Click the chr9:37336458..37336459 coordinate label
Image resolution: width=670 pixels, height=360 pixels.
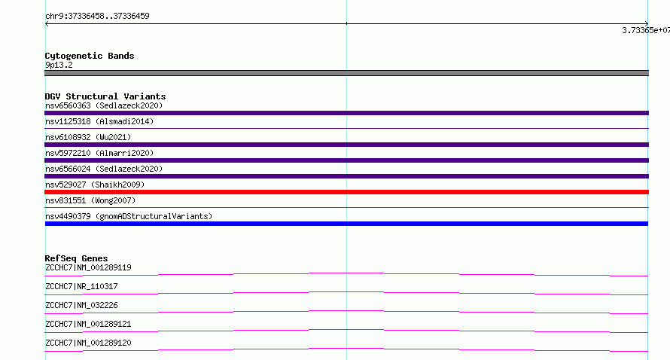(x=97, y=17)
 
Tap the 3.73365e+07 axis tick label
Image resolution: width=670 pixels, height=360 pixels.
(x=646, y=30)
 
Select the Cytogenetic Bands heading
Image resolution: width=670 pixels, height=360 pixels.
(x=90, y=56)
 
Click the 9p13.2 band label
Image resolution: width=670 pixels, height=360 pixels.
(x=59, y=65)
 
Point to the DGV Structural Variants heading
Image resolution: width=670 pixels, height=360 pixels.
(x=105, y=96)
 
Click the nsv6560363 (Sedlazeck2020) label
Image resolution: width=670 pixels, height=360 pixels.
(x=104, y=105)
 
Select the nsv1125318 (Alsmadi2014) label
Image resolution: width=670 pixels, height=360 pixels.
(x=99, y=121)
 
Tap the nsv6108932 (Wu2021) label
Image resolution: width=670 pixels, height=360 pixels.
(x=88, y=137)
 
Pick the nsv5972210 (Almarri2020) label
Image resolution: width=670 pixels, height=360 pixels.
(x=99, y=153)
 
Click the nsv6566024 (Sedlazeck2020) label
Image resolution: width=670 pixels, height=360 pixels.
(x=104, y=169)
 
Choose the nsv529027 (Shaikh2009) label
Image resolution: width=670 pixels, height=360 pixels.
(x=95, y=185)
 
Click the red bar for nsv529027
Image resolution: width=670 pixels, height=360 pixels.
(x=346, y=192)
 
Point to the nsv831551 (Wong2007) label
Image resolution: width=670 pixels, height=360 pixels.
(x=90, y=200)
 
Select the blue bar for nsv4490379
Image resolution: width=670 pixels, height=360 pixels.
(x=346, y=224)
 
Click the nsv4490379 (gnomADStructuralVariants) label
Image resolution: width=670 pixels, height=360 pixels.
(x=129, y=216)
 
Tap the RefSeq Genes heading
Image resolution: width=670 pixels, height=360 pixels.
(x=76, y=258)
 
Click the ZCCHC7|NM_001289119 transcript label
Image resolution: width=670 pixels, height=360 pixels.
(x=88, y=267)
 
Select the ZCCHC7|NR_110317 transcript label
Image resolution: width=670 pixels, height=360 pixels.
(x=81, y=286)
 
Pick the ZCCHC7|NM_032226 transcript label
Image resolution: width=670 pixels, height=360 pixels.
(x=81, y=305)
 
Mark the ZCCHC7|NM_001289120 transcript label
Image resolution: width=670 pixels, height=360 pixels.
(x=88, y=343)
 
